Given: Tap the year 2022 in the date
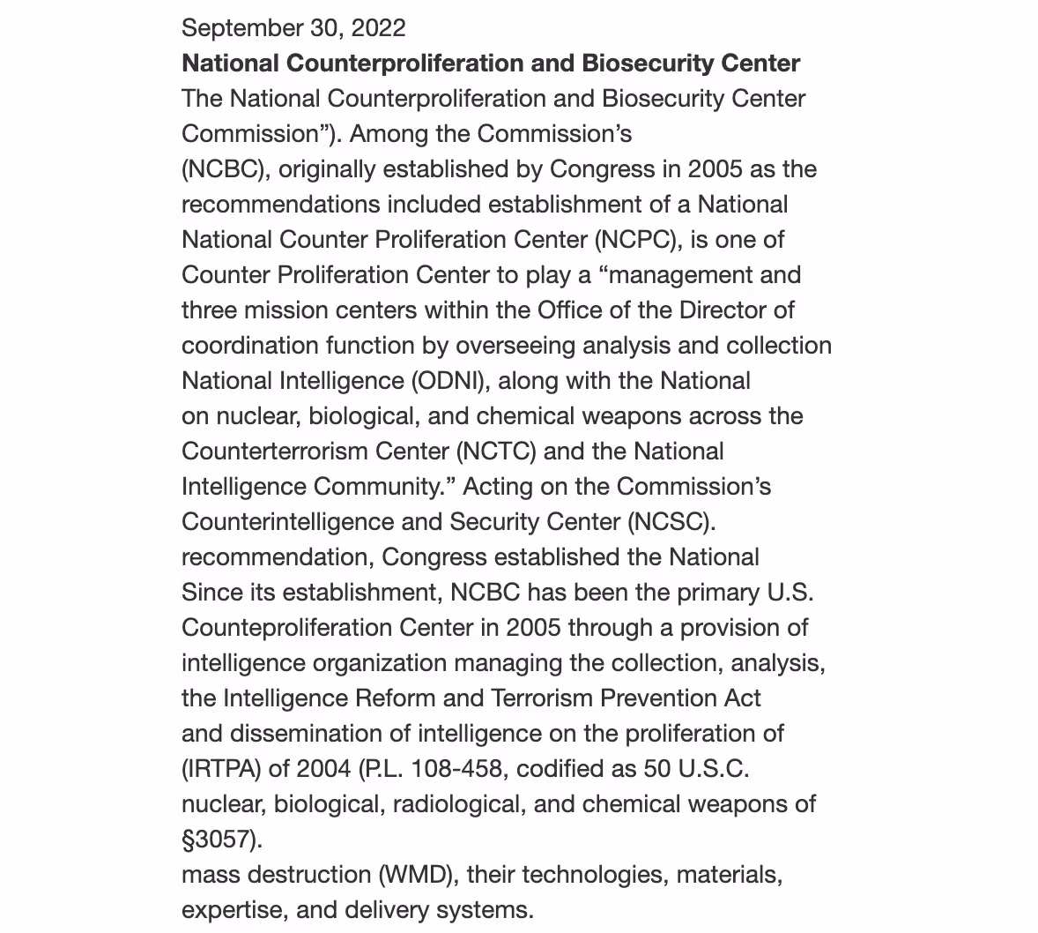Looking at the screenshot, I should [378, 28].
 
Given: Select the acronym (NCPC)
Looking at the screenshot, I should [638, 240].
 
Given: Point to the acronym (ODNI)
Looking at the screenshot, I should [454, 381].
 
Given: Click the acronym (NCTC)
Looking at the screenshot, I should [496, 452].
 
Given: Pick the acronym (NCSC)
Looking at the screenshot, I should [671, 522].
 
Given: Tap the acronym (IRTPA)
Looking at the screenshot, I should [221, 769].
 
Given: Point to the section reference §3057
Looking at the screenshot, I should [221, 840].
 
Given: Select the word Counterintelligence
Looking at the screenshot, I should [287, 522].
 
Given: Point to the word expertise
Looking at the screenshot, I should [234, 910].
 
